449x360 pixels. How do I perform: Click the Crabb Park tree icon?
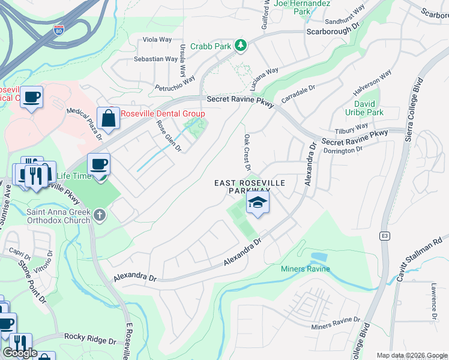(241, 46)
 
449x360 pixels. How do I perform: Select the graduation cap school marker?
(258, 203)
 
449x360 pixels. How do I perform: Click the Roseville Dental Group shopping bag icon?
(108, 118)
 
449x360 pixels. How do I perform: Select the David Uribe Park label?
(365, 107)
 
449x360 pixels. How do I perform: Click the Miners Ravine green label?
(306, 268)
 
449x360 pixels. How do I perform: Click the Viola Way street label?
(157, 40)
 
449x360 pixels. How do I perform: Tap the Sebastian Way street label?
(155, 59)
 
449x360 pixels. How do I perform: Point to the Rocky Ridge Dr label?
(90, 340)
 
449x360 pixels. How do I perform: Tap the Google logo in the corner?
(20, 353)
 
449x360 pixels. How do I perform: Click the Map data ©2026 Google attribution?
(412, 355)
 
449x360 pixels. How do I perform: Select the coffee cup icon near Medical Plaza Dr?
(31, 96)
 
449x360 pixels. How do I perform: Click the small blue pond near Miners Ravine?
(319, 257)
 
